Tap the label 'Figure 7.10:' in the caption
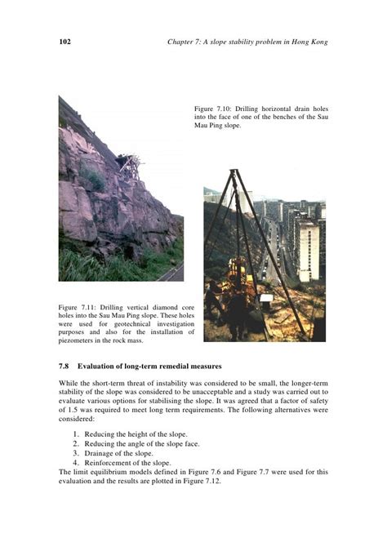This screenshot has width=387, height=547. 213,108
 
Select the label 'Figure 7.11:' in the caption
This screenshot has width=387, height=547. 78,307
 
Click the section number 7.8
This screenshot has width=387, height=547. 66,364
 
